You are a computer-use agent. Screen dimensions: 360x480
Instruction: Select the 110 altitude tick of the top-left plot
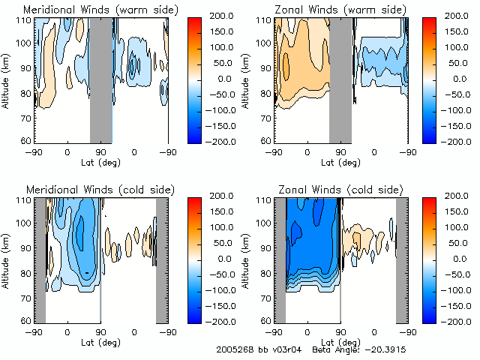pyautogui.click(x=25, y=20)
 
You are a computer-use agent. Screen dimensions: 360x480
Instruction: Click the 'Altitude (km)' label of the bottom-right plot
pyautogui.click(x=247, y=259)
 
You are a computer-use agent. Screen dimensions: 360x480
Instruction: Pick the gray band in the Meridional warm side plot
pyautogui.click(x=100, y=79)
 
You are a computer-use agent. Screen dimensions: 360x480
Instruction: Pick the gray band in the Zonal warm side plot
pyautogui.click(x=340, y=79)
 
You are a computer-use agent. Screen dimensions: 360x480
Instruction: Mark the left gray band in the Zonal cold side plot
pyautogui.click(x=280, y=259)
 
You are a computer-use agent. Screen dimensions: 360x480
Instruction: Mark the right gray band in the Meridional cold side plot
pyautogui.click(x=161, y=259)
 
